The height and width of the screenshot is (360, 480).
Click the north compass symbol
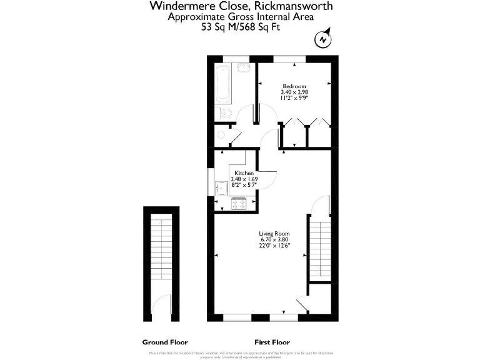coord(322,39)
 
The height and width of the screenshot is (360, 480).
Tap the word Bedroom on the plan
coord(294,86)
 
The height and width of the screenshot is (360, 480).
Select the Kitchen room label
coord(244,172)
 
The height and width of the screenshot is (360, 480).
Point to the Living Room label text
coord(274,234)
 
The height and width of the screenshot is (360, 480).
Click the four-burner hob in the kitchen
coord(239,204)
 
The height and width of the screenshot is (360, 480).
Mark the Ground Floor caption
coord(165,342)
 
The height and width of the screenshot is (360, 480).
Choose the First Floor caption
coord(272,342)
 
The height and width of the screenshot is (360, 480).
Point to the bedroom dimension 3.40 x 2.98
coord(294,92)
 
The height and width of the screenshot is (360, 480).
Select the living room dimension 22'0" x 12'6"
coord(274,246)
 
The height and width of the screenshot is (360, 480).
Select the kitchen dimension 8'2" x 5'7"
coord(244,185)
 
